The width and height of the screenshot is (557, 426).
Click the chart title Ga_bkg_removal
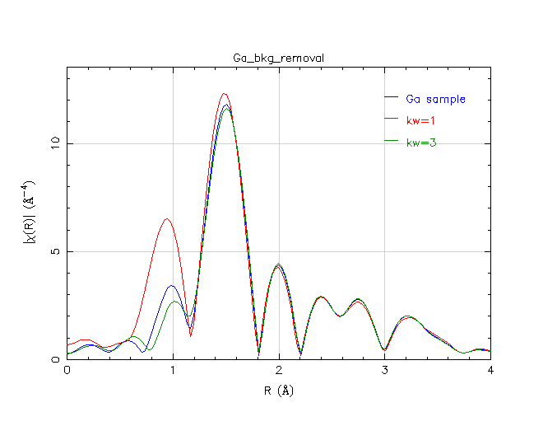pos(278,59)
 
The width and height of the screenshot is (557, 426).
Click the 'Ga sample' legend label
pos(435,100)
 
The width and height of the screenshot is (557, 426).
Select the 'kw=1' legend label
pos(420,121)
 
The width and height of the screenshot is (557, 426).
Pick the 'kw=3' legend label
pos(421,143)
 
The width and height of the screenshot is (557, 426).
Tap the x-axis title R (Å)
pos(278,390)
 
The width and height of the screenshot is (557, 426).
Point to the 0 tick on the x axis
pos(67,372)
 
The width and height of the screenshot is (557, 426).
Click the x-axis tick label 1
pos(173,372)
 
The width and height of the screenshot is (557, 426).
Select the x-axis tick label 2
pos(279,372)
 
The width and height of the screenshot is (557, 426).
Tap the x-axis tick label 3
pos(384,372)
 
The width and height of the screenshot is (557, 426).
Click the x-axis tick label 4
pos(490,372)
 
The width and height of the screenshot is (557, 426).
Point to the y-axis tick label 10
pos(54,143)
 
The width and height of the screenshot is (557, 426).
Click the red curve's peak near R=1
pos(167,218)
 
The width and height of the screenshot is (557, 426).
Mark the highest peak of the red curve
pos(224,94)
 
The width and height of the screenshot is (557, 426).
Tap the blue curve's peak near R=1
pos(171,286)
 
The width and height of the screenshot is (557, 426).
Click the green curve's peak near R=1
pos(174,302)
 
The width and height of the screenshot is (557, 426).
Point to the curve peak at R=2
pos(279,264)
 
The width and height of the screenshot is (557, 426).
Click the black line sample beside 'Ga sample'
pos(391,100)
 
